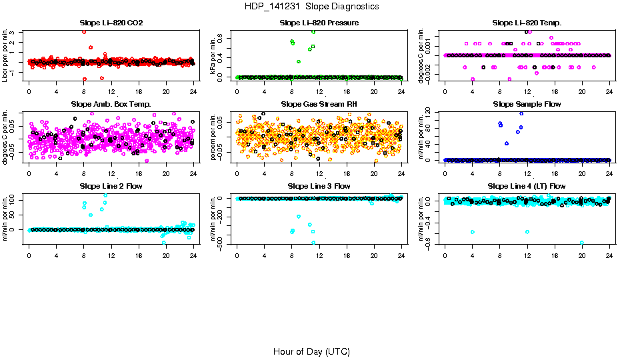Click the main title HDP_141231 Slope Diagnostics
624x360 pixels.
(x=311, y=6)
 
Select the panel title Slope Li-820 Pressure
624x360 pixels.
(x=319, y=23)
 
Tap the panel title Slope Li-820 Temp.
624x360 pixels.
(x=527, y=23)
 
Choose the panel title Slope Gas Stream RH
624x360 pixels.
(x=319, y=104)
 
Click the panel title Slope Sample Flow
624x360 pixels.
(x=527, y=104)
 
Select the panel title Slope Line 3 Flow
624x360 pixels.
(x=319, y=186)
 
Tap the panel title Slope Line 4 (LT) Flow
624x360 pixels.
(x=527, y=186)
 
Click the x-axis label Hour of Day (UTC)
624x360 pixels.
(x=311, y=351)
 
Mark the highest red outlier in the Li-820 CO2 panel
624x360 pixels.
(x=84, y=31)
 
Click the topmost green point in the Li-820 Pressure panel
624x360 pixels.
(x=313, y=31)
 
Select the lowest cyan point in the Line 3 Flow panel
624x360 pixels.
(x=313, y=243)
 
